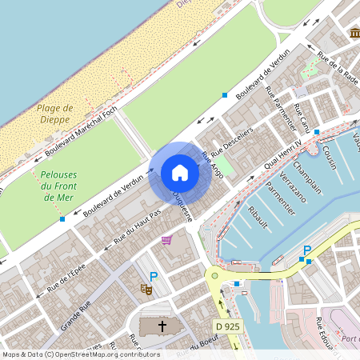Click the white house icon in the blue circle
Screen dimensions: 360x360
(180, 172)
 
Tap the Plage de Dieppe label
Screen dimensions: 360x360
(55, 114)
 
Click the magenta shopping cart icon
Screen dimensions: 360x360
(166, 239)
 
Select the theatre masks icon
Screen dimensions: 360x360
(146, 288)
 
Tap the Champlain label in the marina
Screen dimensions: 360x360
(306, 176)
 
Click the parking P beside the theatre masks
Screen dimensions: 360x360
(154, 277)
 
